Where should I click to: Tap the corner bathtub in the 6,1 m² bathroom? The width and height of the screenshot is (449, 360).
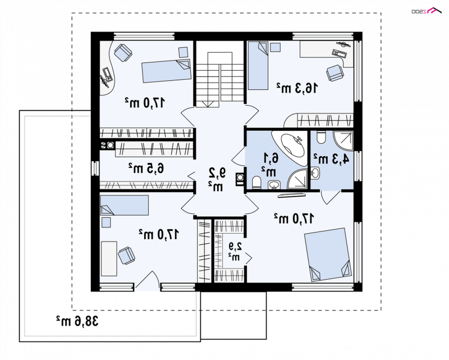289,148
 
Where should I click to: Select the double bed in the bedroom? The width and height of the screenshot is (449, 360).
328,254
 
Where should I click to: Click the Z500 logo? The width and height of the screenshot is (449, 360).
427,11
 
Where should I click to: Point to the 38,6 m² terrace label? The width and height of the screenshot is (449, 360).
77,321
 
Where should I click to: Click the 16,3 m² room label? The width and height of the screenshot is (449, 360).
297,88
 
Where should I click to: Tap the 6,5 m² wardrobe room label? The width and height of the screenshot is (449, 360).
146,168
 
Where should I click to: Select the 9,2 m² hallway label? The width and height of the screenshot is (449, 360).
217,179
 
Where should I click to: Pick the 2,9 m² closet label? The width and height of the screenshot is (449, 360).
235,252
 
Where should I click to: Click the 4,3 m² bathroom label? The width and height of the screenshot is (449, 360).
332,159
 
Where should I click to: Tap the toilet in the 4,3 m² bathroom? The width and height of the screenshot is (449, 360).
321,137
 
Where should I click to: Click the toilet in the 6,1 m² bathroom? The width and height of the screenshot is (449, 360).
257,183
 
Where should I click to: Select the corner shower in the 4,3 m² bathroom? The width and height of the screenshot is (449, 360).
343,141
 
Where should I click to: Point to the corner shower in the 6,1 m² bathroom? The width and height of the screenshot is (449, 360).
298,179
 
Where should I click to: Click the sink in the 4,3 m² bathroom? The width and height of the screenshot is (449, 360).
315,173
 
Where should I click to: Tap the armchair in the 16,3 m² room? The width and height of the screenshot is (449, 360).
335,73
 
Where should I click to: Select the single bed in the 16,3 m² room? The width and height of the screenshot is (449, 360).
258,66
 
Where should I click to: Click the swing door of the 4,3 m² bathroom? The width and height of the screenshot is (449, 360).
330,197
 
